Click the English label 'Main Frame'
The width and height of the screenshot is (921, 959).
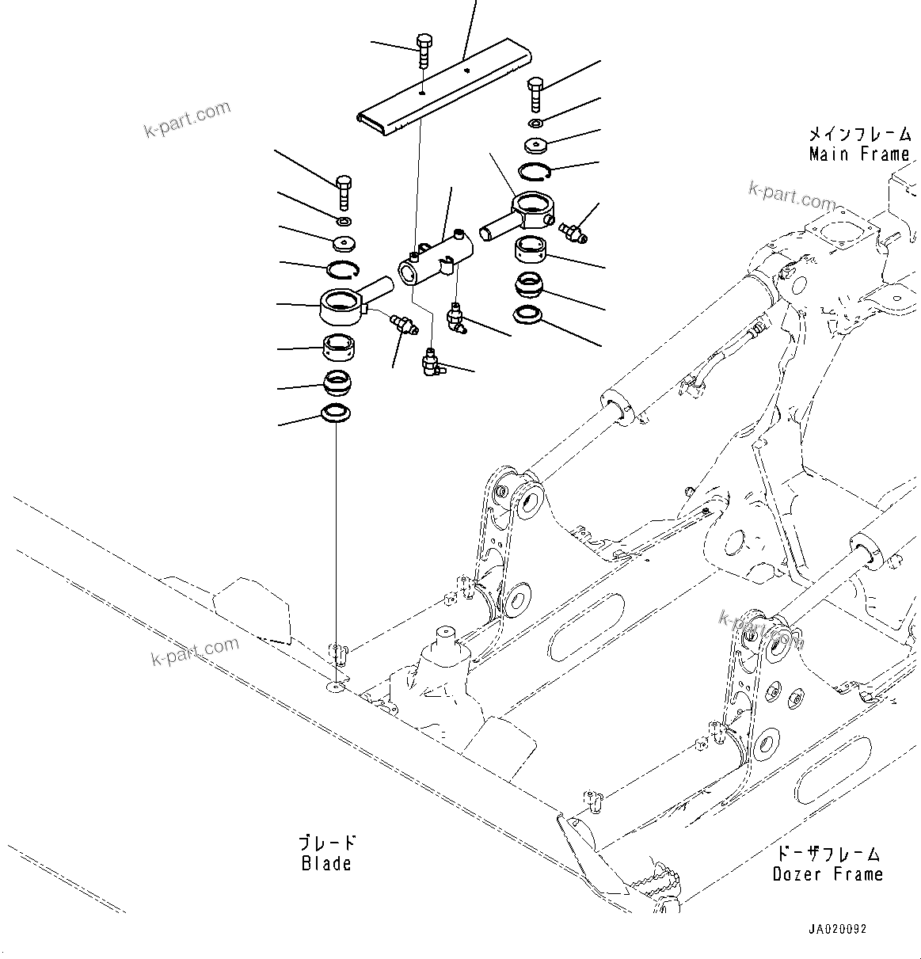click(859, 154)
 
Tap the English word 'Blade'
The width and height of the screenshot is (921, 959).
click(326, 863)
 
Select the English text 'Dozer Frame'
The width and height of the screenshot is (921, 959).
click(828, 874)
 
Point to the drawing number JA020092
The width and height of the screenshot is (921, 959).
click(837, 929)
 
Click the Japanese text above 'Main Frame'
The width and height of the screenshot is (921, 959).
click(859, 135)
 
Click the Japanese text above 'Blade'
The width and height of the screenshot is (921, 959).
click(326, 843)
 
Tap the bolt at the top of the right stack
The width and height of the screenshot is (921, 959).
click(536, 93)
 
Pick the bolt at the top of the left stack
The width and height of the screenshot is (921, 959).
click(344, 191)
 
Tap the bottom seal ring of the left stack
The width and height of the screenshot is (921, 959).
click(337, 413)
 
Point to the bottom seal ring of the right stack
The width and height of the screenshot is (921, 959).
click(528, 315)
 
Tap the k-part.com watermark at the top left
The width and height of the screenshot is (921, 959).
click(188, 119)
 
